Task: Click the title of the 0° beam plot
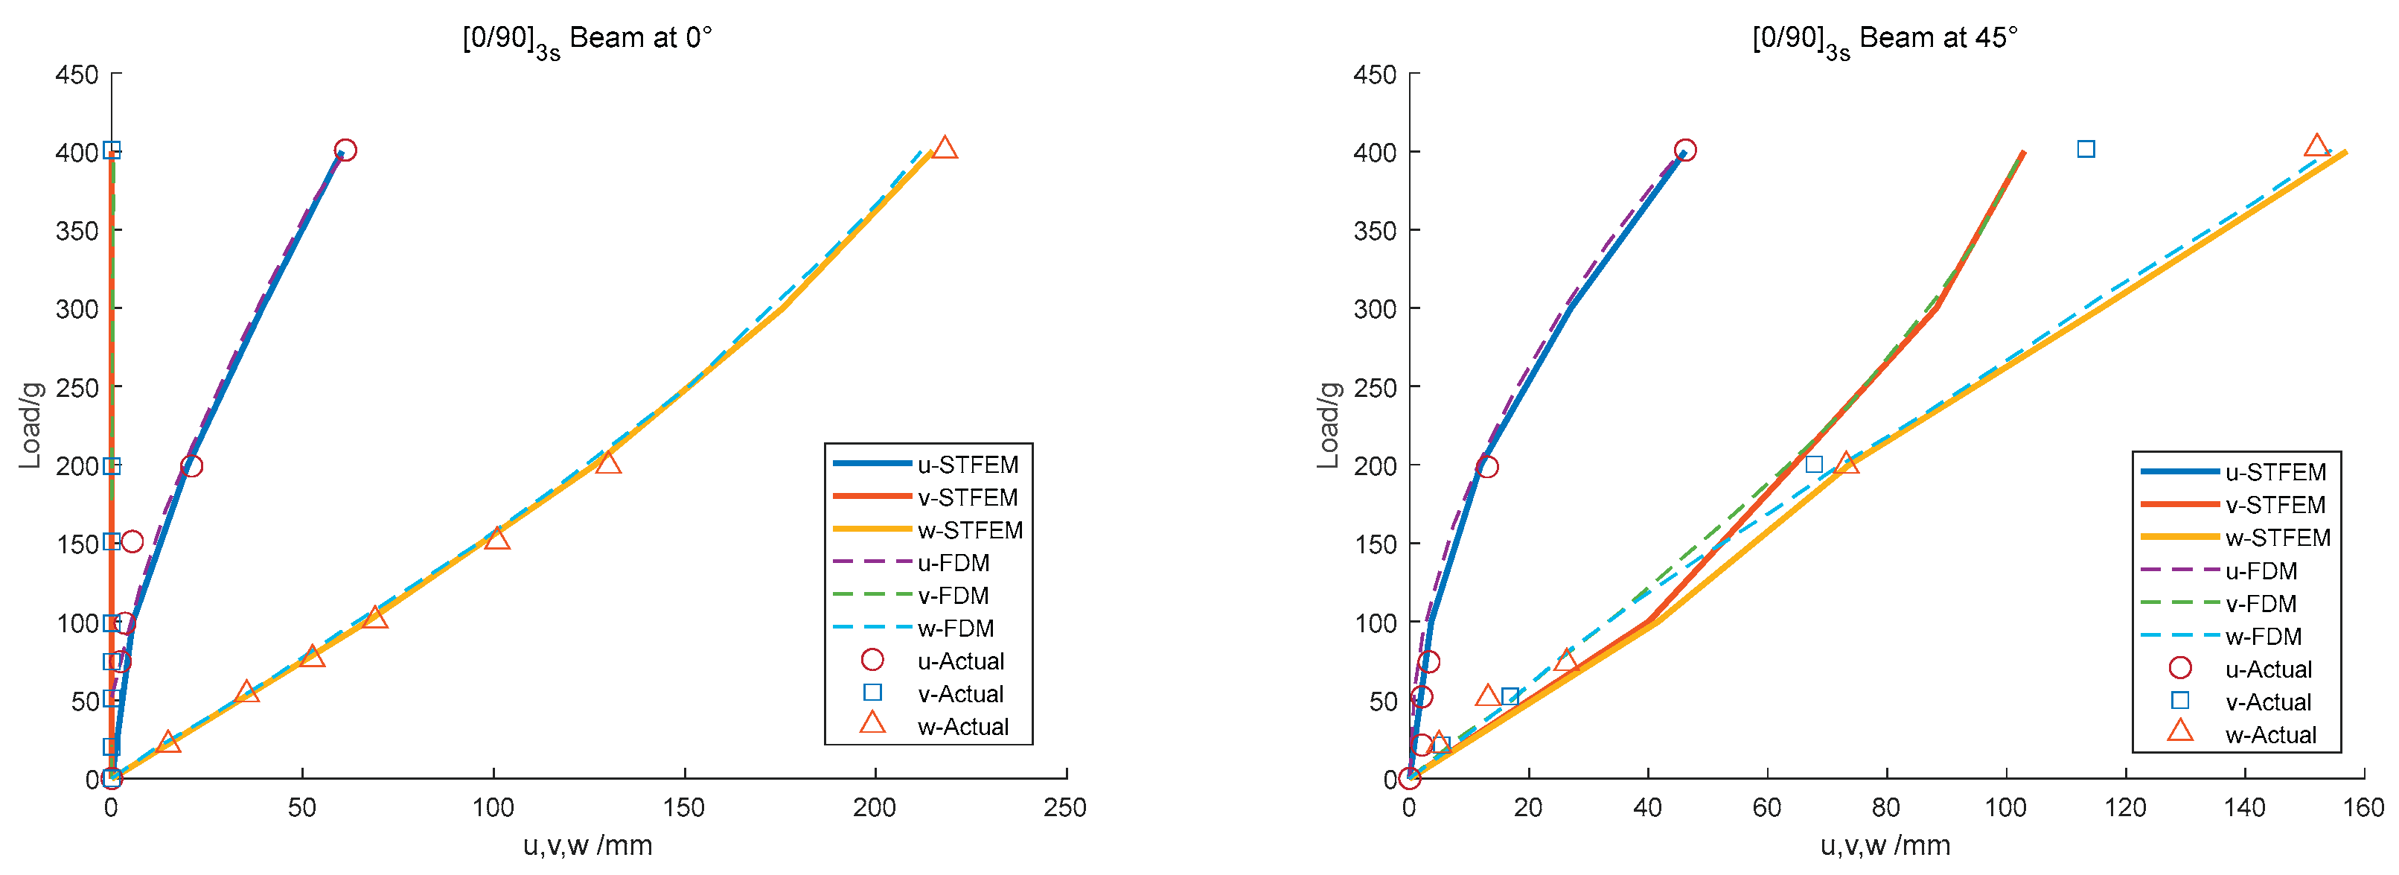(x=587, y=39)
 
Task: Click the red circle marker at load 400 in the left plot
(x=345, y=150)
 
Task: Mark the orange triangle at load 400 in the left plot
(x=945, y=148)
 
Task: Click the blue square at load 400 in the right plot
(x=2086, y=149)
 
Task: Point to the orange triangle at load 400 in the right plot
(x=2317, y=146)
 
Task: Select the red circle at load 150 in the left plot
(x=132, y=541)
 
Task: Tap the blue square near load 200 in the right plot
(x=1814, y=464)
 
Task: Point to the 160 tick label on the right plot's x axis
(x=2363, y=808)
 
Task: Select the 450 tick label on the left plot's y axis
(x=77, y=74)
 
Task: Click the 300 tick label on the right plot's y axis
(x=1375, y=308)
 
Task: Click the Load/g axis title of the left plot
(x=31, y=425)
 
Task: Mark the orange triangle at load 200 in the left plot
(x=608, y=463)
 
